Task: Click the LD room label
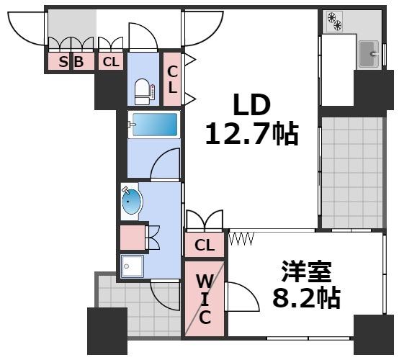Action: [x=251, y=106]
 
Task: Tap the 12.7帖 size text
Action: [x=251, y=134]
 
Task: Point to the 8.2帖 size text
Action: [x=305, y=297]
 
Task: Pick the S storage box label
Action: [x=63, y=63]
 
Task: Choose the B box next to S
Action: [x=80, y=63]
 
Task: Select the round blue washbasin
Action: [x=132, y=201]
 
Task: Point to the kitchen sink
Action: [x=369, y=52]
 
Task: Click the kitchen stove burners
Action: [x=333, y=22]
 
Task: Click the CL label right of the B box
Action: [x=110, y=63]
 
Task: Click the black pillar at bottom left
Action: [x=107, y=330]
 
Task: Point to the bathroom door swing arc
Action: [x=166, y=164]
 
